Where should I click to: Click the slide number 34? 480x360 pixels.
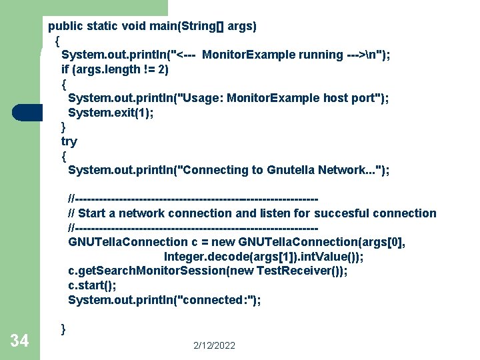19,341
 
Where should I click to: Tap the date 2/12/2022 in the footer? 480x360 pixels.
215,345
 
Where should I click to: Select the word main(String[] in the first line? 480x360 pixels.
189,26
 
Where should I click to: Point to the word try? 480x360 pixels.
69,141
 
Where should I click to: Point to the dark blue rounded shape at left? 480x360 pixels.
27,112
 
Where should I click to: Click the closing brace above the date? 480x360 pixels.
63,329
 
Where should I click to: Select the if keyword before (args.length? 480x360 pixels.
65,69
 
